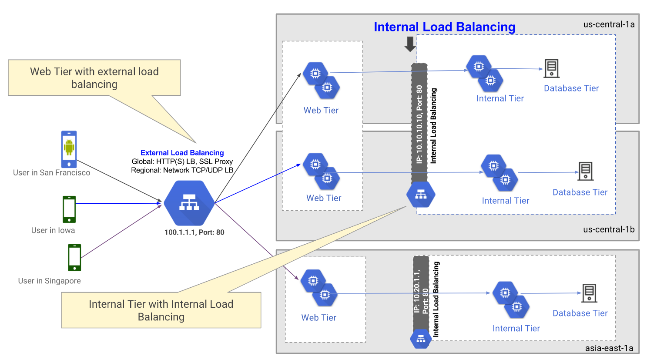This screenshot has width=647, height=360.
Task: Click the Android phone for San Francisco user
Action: pyautogui.click(x=69, y=149)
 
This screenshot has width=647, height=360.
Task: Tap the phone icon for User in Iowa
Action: pyautogui.click(x=69, y=209)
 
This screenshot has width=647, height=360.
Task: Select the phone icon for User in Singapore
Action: pyautogui.click(x=74, y=257)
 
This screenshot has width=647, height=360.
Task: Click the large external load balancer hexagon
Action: pyautogui.click(x=189, y=203)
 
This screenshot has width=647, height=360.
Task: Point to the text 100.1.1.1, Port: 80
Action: pyautogui.click(x=194, y=232)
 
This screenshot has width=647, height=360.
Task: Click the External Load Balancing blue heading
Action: pyautogui.click(x=182, y=153)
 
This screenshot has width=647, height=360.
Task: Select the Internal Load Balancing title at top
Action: pyautogui.click(x=444, y=27)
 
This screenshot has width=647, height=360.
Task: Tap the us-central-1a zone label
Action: pyautogui.click(x=608, y=24)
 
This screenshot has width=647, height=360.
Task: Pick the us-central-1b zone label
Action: pyautogui.click(x=608, y=229)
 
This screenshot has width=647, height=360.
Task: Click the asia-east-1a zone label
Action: pyautogui.click(x=609, y=348)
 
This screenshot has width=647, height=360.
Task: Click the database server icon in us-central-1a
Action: pyautogui.click(x=551, y=69)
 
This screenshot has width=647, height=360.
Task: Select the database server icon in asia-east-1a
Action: pyautogui.click(x=589, y=293)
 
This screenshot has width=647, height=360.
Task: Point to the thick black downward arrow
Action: pyautogui.click(x=410, y=44)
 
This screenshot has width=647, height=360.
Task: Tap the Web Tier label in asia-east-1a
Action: pyautogui.click(x=318, y=318)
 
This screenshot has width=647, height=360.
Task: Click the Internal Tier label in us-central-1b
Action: pyautogui.click(x=505, y=201)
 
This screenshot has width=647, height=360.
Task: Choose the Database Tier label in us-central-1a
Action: pyautogui.click(x=571, y=88)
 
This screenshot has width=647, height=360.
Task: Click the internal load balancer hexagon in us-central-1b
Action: pyautogui.click(x=420, y=195)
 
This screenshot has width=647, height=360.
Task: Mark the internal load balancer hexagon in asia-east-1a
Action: pyautogui.click(x=420, y=339)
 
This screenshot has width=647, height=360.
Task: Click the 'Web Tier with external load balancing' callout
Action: pyautogui.click(x=94, y=78)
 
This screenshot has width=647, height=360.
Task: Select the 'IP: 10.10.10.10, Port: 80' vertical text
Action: pyautogui.click(x=419, y=124)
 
